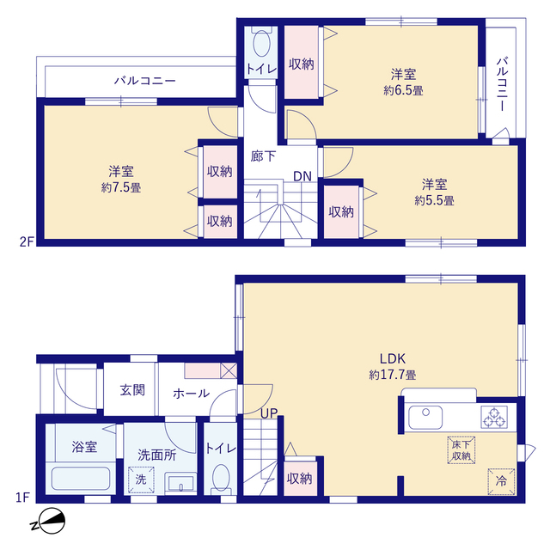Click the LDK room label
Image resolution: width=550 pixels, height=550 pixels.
[393, 358]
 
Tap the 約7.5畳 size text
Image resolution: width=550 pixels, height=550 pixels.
[121, 187]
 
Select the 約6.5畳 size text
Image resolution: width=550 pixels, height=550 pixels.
[403, 90]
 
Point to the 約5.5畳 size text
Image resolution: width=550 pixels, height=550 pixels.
[434, 200]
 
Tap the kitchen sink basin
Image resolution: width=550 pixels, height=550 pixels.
[425, 418]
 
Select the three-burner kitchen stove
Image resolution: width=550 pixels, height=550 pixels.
[494, 417]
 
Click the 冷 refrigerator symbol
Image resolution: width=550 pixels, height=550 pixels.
[501, 481]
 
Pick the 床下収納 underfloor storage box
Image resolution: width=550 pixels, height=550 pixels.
[461, 450]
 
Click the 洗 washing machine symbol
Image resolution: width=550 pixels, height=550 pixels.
[141, 480]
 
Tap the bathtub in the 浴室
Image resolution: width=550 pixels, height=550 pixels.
[81, 478]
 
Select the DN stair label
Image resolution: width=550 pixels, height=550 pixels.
[302, 176]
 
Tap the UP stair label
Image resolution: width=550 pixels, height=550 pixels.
[269, 413]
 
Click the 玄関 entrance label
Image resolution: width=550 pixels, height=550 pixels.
[132, 389]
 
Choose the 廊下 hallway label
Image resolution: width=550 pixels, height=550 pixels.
[263, 156]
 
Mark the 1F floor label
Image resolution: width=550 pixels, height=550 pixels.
[22, 498]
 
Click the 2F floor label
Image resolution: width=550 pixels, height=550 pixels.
[27, 241]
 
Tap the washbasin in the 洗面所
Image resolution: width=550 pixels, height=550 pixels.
[180, 483]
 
